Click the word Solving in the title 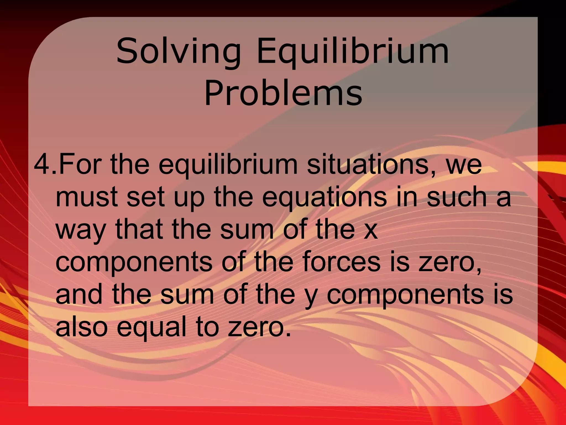coord(179,51)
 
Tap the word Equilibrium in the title coord(353,51)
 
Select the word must coord(87,197)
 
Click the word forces coord(341,261)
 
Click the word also coord(81,326)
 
